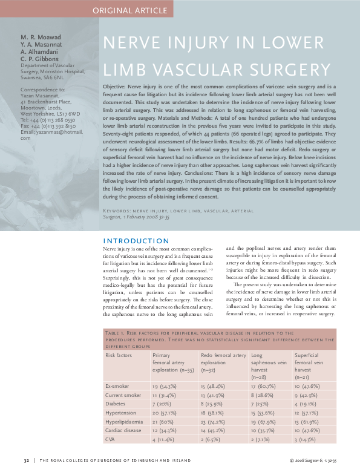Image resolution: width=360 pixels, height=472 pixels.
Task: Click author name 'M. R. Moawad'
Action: pyautogui.click(x=41, y=38)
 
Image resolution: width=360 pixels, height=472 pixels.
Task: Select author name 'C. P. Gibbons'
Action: pyautogui.click(x=41, y=59)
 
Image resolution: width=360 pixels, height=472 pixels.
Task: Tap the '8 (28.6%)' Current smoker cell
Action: pyautogui.click(x=264, y=395)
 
